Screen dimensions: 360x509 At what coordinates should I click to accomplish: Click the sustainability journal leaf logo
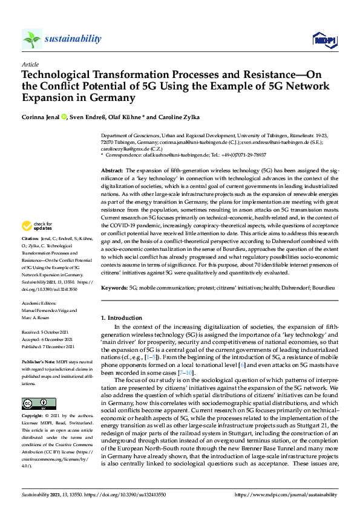pyautogui.click(x=32, y=39)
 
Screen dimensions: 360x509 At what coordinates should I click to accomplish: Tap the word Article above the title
pyautogui.click(x=30, y=63)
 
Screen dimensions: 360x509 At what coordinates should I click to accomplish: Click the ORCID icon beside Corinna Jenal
pyautogui.click(x=64, y=116)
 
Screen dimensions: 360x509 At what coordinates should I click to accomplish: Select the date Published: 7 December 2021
pyautogui.click(x=48, y=346)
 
